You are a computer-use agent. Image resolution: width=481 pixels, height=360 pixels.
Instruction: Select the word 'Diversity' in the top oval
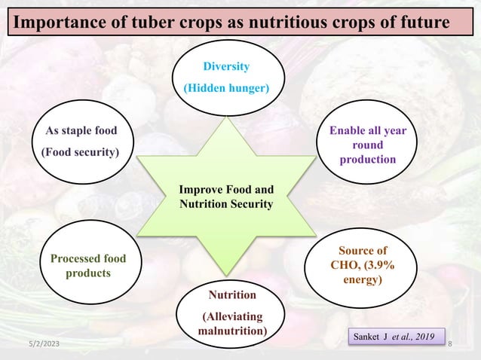(227, 66)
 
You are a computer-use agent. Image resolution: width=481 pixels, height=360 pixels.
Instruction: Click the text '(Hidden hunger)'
(227, 88)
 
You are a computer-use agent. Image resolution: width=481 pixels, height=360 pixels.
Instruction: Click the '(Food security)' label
(80, 152)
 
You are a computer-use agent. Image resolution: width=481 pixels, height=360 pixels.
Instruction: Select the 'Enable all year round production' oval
(366, 145)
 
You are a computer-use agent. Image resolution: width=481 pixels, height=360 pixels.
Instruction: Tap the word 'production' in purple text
(366, 160)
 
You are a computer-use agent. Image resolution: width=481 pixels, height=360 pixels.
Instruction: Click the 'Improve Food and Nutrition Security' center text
(226, 196)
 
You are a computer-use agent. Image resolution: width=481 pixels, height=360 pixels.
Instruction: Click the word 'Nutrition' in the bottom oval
(231, 294)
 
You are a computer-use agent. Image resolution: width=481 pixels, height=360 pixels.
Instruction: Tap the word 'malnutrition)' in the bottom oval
(231, 331)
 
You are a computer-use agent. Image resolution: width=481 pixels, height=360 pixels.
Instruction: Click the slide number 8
(449, 344)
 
